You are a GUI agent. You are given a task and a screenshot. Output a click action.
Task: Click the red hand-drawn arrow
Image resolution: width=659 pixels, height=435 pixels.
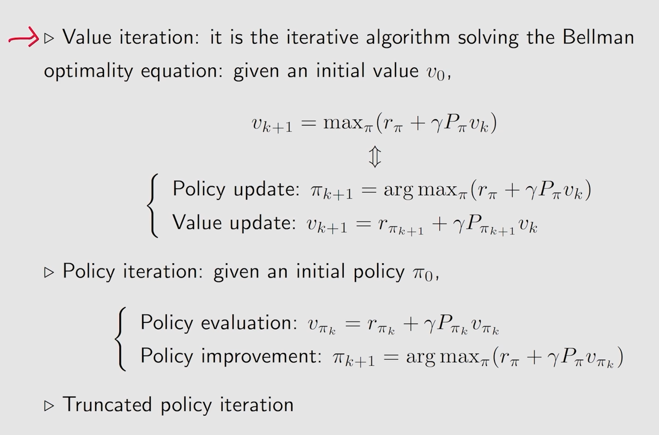click(x=24, y=37)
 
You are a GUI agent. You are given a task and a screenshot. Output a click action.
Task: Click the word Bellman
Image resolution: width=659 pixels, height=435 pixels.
click(x=598, y=37)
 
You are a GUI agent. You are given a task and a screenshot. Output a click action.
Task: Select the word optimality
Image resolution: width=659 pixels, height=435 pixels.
click(x=89, y=71)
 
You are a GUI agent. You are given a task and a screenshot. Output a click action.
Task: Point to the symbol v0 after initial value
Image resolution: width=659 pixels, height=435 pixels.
click(x=436, y=73)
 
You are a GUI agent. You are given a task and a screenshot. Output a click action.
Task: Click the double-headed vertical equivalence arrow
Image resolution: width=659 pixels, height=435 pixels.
click(x=375, y=157)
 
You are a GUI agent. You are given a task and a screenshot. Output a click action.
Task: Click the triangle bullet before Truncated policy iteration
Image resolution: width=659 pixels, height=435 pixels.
click(x=49, y=406)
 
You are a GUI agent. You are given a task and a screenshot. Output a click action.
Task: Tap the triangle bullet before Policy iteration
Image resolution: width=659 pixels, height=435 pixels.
click(x=49, y=272)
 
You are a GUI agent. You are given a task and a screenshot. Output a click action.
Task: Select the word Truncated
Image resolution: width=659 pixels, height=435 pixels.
click(x=107, y=404)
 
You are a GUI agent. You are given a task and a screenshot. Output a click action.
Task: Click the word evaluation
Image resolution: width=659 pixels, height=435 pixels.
click(x=249, y=322)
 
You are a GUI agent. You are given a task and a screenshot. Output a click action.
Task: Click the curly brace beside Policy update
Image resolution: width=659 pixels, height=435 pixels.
click(x=153, y=205)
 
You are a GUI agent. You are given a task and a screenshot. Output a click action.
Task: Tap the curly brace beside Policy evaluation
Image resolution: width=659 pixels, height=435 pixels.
click(x=121, y=339)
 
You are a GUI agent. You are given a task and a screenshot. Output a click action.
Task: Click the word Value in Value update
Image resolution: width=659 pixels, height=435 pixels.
click(x=197, y=222)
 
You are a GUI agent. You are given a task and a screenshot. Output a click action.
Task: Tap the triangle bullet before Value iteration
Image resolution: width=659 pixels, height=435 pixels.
click(x=49, y=38)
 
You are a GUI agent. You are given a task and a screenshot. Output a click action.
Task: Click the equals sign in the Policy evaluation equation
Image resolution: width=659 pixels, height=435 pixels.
click(x=353, y=323)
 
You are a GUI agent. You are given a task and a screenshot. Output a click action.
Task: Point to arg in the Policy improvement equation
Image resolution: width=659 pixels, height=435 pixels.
click(x=421, y=358)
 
